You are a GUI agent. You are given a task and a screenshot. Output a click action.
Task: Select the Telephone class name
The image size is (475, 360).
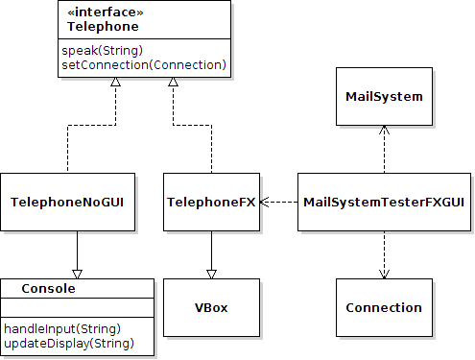(96, 26)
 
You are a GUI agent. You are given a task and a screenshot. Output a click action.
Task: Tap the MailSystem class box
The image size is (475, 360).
(384, 97)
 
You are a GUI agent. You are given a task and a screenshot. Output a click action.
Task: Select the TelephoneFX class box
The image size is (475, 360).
(211, 203)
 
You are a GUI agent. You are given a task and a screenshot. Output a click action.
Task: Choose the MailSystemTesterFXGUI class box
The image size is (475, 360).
(384, 203)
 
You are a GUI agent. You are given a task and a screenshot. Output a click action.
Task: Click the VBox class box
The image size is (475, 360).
(211, 308)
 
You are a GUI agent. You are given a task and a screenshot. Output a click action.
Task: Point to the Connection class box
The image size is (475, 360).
(384, 308)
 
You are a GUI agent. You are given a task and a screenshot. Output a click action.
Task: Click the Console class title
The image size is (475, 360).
(48, 288)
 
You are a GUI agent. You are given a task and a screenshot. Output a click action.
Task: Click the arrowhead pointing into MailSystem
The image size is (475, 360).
(384, 131)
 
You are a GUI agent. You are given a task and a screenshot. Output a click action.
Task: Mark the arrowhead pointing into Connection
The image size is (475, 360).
(384, 274)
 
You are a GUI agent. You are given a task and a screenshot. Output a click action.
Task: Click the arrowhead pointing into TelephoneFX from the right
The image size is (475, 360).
(265, 203)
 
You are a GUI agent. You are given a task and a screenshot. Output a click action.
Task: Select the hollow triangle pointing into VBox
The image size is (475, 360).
(211, 272)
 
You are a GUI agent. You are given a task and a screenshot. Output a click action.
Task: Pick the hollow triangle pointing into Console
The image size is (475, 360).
(77, 272)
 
